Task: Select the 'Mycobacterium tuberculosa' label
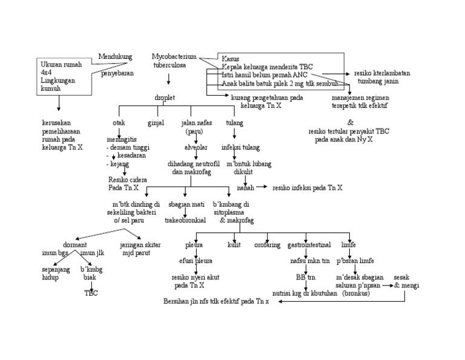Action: click(170, 60)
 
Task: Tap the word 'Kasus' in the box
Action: click(231, 59)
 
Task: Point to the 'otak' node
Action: click(119, 123)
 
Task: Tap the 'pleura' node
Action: click(194, 245)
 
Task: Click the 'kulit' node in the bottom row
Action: click(234, 245)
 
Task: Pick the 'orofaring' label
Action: click(267, 245)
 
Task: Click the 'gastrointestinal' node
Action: click(309, 245)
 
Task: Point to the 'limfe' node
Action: click(348, 245)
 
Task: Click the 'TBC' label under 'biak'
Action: click(91, 293)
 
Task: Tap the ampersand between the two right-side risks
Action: click(350, 122)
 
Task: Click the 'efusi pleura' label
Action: click(196, 261)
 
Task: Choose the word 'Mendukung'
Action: click(115, 56)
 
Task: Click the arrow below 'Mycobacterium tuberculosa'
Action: click(168, 79)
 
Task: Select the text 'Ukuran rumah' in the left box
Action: click(59, 64)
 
